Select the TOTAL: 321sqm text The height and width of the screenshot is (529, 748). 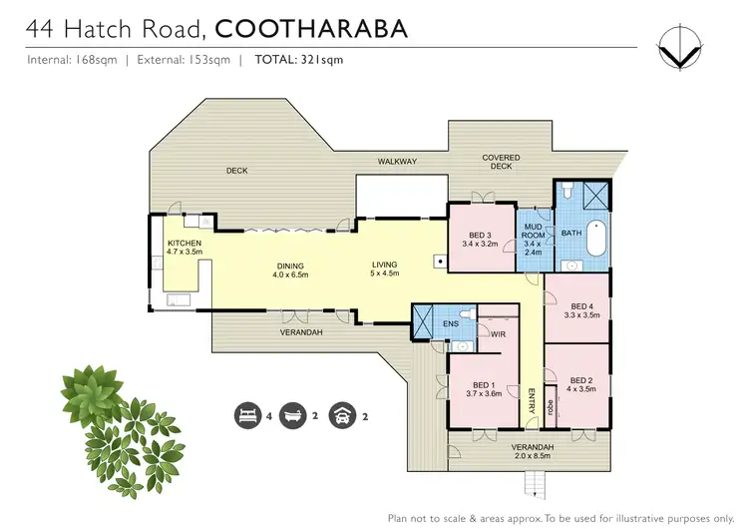(x=299, y=60)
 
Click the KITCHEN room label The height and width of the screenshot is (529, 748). (x=185, y=244)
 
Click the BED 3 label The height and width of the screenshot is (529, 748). (x=481, y=236)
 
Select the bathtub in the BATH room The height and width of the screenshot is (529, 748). (x=596, y=237)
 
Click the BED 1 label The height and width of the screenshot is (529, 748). (x=484, y=387)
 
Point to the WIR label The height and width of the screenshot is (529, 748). (x=497, y=334)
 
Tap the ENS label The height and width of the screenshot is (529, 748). (x=451, y=323)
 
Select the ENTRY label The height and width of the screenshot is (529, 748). (x=532, y=397)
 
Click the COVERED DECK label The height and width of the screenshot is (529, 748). (x=501, y=162)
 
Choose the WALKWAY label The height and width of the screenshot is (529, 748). (x=396, y=161)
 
